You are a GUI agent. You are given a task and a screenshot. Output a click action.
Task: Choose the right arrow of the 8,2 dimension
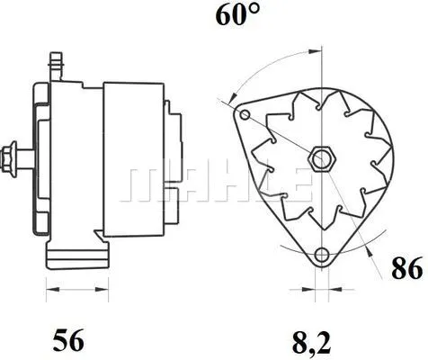click(323, 290)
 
